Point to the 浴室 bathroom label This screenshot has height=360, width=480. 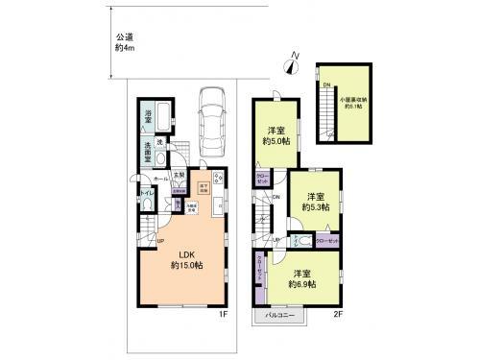coord(149,116)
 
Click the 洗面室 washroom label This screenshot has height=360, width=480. coord(148,151)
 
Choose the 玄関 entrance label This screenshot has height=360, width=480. coord(179,175)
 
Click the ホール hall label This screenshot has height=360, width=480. coord(159,178)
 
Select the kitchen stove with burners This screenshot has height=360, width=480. coord(218,179)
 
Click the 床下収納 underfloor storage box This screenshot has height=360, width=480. coord(204,189)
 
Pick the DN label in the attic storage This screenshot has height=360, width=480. coord(326,87)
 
